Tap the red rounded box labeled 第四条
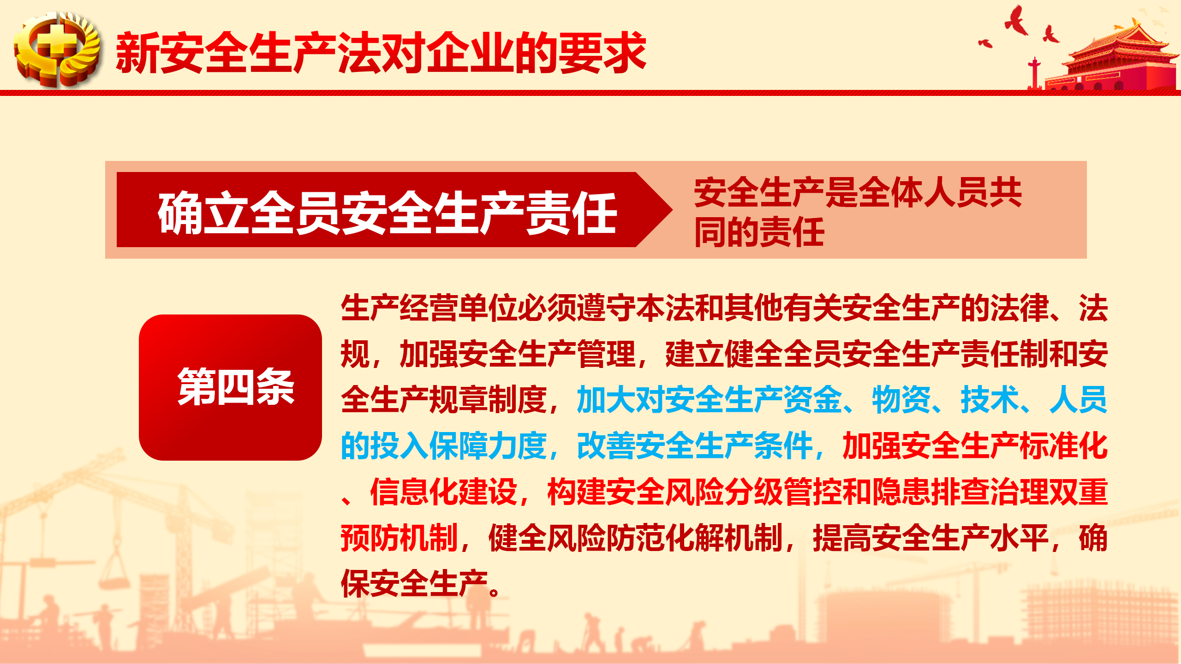tap(230, 387)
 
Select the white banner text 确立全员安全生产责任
tap(388, 213)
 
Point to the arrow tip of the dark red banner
tap(672, 210)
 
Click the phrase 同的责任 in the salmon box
tap(759, 232)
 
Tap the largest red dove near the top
tap(1016, 21)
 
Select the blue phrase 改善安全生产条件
tap(695, 446)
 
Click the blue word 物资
tap(901, 399)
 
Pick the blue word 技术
tap(990, 399)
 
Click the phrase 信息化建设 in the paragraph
tap(443, 492)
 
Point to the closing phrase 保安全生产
tap(414, 584)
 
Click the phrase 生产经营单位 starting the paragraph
tap(429, 308)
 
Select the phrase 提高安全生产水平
tap(931, 538)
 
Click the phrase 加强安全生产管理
tap(518, 354)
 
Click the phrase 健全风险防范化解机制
tap(636, 538)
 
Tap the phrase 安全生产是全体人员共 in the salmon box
tap(858, 192)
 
